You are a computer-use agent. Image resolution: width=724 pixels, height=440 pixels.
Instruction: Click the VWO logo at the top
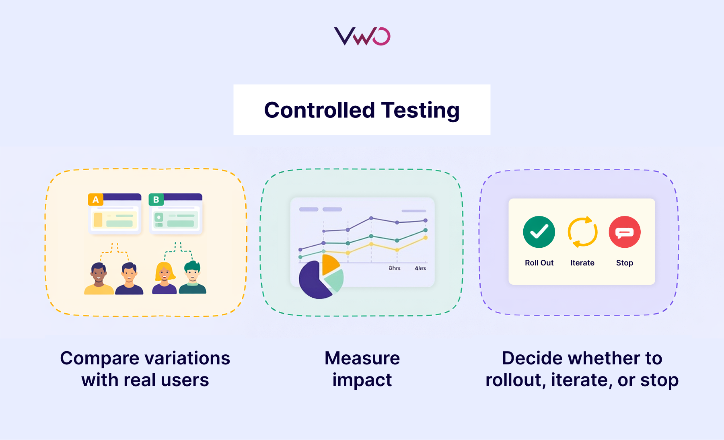[362, 36]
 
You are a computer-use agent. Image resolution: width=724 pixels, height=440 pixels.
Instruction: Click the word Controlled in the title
[319, 110]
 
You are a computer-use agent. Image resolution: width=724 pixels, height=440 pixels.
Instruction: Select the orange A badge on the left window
[96, 199]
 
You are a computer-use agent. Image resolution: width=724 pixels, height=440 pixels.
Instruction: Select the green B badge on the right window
[156, 199]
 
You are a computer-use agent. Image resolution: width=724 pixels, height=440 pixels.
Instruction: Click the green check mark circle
[539, 232]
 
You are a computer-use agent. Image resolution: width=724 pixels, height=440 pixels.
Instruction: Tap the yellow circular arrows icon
[582, 232]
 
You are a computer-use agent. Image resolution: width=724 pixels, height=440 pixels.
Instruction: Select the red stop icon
[625, 232]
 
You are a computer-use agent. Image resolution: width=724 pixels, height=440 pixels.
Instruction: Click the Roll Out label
[539, 263]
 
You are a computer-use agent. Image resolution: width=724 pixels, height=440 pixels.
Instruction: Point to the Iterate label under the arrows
[582, 263]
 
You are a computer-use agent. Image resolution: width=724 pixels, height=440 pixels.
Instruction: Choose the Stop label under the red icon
[625, 263]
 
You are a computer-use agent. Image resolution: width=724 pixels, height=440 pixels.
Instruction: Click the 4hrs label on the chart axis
[420, 268]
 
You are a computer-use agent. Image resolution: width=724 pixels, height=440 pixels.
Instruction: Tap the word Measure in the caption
[362, 358]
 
